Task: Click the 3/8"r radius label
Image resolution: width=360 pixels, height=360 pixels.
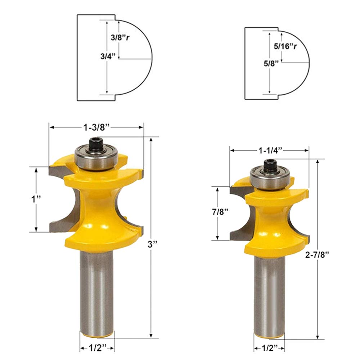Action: coord(120,37)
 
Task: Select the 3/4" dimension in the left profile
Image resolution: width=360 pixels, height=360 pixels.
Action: coord(108,56)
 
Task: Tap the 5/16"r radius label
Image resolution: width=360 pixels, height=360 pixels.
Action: coord(285,46)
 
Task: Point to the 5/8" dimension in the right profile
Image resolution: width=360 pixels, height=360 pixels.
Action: coord(271,63)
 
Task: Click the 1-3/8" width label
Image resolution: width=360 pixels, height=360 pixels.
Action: coord(96,127)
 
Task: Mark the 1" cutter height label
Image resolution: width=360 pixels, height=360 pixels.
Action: coord(36,199)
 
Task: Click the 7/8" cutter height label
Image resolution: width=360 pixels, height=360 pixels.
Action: coord(220,212)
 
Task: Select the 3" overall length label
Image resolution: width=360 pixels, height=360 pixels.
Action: coord(152,244)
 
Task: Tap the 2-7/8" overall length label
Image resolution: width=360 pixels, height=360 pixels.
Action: coord(317,255)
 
